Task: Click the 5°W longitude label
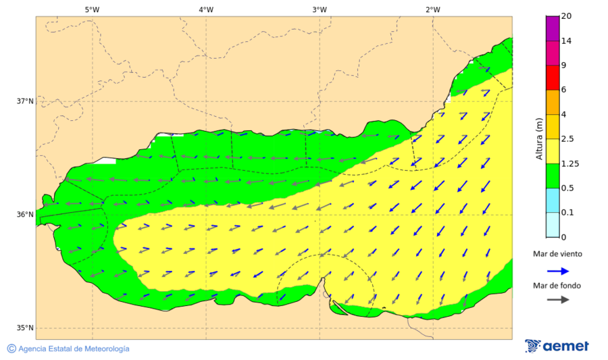(x=92, y=9)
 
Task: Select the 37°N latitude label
(x=25, y=101)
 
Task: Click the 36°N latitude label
(x=25, y=215)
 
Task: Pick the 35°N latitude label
(x=25, y=328)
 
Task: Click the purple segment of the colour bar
(x=552, y=28)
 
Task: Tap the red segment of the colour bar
(x=552, y=77)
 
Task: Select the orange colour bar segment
(x=552, y=102)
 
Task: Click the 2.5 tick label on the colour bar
(x=567, y=139)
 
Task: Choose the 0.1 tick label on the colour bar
(x=567, y=213)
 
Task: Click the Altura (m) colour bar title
(x=539, y=138)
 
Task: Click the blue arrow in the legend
(x=556, y=270)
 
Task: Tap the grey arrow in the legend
(x=556, y=300)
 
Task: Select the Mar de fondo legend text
(x=556, y=286)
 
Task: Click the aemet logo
(x=557, y=346)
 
